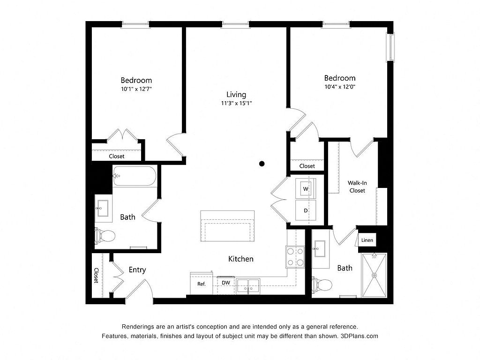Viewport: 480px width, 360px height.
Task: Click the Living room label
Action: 236,95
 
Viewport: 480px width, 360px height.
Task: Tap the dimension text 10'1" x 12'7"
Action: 136,89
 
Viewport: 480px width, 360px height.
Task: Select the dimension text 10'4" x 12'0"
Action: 340,87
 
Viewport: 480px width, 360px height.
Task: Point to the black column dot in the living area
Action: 262,164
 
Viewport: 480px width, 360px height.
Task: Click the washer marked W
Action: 306,188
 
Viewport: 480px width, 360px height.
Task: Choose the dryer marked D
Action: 306,210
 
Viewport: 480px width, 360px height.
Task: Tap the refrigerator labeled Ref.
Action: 202,284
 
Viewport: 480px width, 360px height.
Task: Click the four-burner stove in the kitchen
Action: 295,257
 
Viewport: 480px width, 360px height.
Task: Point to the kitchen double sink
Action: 248,286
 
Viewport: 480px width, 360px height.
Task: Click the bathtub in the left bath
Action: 135,176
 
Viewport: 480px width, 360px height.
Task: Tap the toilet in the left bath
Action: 105,236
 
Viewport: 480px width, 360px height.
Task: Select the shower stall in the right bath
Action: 375,275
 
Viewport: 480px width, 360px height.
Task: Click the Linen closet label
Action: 367,240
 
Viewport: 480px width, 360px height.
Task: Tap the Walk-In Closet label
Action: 357,187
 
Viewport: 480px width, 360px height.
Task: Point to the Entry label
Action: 137,270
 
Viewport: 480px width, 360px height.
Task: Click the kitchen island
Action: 227,226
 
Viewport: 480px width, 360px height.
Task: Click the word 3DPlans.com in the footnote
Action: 359,336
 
